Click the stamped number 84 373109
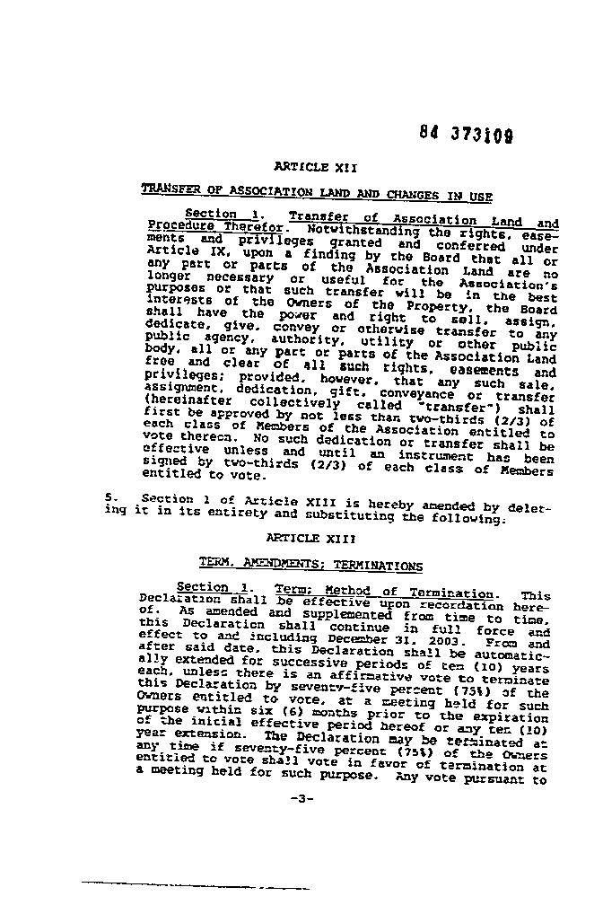pyautogui.click(x=466, y=134)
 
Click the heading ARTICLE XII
pyautogui.click(x=302, y=166)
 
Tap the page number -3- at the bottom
pyautogui.click(x=301, y=798)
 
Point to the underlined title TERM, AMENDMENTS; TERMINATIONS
pyautogui.click(x=310, y=566)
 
